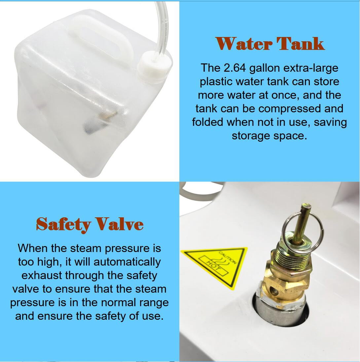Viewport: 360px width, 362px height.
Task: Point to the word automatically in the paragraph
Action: click(x=127, y=262)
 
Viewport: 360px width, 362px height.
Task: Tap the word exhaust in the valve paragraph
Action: click(x=42, y=276)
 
